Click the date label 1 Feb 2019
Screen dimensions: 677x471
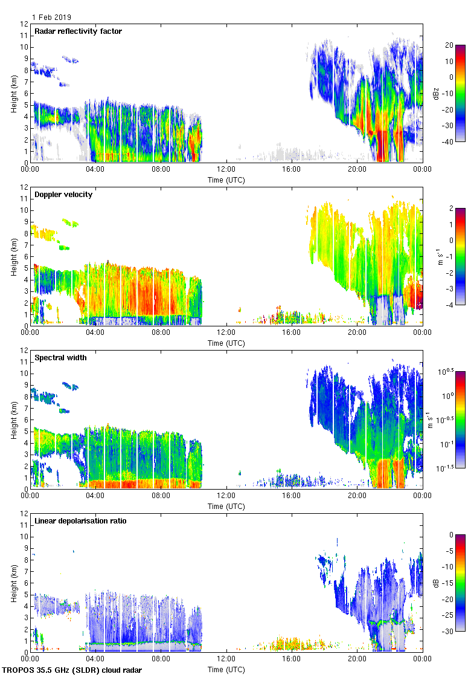tap(51, 18)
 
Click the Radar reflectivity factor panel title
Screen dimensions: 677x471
tap(78, 31)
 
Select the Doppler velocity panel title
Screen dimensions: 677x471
tap(63, 195)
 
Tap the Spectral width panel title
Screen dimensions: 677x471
tap(60, 358)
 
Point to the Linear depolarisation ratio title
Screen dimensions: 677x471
tap(80, 521)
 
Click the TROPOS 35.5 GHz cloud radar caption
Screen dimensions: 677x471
tap(72, 670)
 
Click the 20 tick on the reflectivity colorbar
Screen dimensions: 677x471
tap(449, 45)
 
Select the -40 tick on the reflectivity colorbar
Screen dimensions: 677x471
tap(449, 142)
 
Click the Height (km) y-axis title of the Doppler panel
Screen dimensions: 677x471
tap(14, 256)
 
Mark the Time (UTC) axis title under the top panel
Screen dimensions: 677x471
tap(226, 180)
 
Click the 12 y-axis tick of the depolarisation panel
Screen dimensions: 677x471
tap(23, 514)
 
